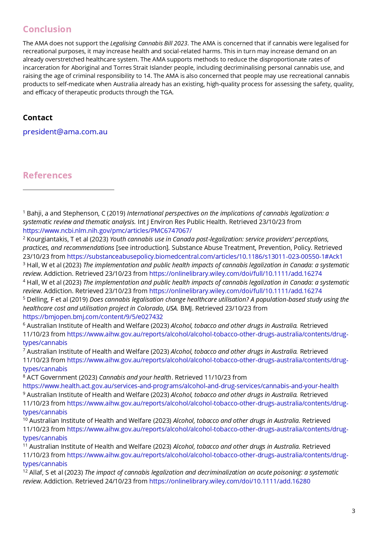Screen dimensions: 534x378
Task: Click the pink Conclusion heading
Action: point(47,29)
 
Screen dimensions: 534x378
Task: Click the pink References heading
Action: point(47,175)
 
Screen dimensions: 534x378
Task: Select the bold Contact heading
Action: point(37,118)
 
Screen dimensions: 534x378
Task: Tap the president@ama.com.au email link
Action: point(65,132)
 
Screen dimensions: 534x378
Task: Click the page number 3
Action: point(353,511)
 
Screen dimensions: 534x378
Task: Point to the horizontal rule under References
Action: point(68,190)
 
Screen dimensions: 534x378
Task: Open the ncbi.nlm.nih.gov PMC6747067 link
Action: point(107,230)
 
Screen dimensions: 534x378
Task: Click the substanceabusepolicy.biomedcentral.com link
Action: point(205,256)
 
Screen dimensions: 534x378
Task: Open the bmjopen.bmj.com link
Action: point(93,317)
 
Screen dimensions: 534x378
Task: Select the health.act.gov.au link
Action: point(180,386)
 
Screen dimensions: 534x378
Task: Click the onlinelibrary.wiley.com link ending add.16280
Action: point(229,481)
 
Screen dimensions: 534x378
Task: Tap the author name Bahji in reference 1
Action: point(34,213)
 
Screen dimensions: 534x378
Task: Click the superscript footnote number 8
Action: point(24,376)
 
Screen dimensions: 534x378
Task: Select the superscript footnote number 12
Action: point(25,471)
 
